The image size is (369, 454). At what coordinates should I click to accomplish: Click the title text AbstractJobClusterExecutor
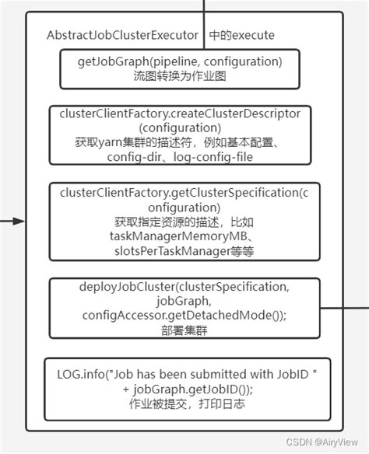coord(124,36)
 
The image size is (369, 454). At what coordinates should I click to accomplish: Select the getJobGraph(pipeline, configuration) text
coord(179,61)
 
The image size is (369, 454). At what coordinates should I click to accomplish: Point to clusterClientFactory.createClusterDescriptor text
coord(180,113)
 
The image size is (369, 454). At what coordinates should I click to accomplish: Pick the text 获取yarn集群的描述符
coord(140,142)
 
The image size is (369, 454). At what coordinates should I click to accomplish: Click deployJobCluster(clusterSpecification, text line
coord(184,287)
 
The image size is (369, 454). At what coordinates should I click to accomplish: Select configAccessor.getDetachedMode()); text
coord(184,315)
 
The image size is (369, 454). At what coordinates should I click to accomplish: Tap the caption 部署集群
coord(184,330)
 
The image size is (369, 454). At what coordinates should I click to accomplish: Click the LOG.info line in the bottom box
coord(183,375)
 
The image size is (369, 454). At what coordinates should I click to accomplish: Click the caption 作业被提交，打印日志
coord(184,404)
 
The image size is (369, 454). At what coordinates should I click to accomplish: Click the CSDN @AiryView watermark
coord(326,442)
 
